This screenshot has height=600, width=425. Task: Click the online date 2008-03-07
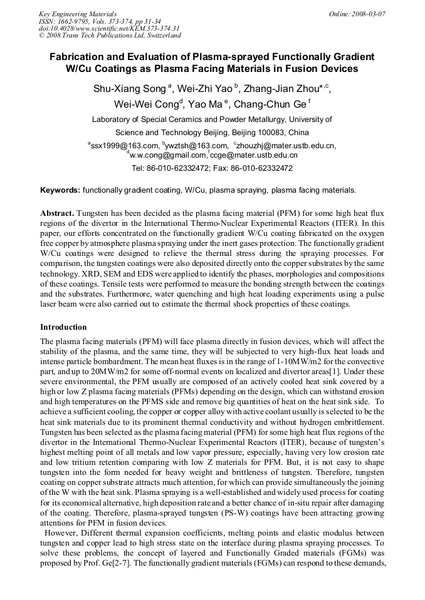coord(369,13)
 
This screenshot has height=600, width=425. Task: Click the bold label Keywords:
coord(60,190)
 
